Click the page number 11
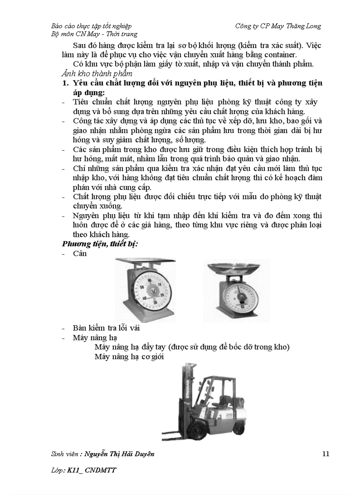(326, 454)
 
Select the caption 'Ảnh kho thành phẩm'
(97, 74)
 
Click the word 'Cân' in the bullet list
(80, 253)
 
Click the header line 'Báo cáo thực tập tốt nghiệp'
(91, 26)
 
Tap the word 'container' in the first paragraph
(281, 55)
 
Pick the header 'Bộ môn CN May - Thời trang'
(94, 34)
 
